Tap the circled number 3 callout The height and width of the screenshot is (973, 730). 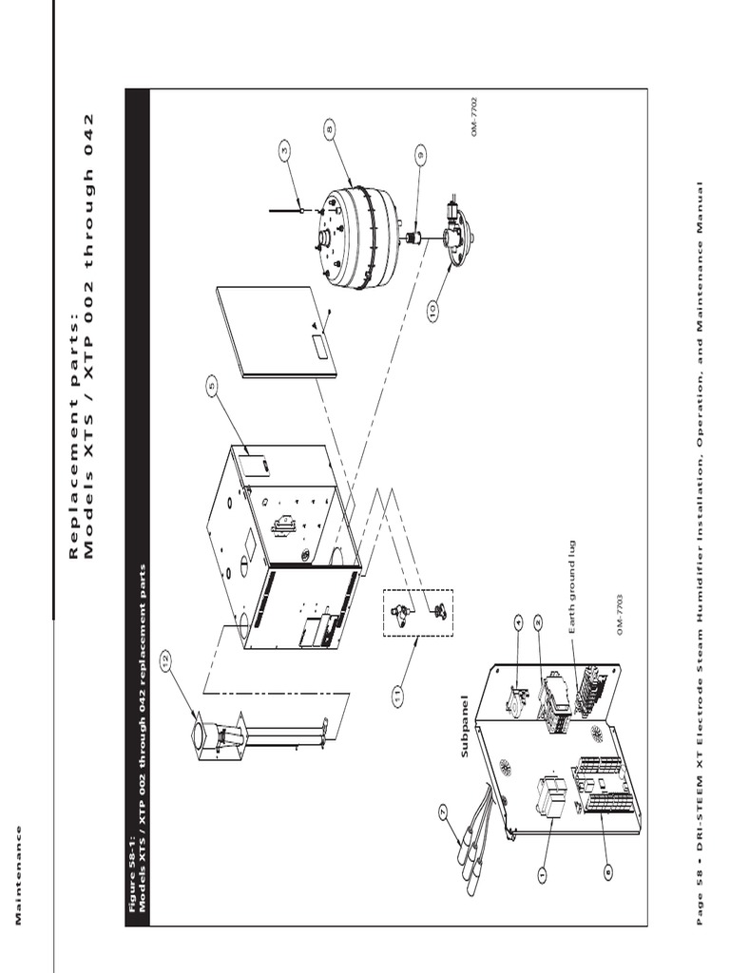(x=284, y=148)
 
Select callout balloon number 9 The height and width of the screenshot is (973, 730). (x=419, y=153)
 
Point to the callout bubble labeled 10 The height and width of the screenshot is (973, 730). (x=432, y=310)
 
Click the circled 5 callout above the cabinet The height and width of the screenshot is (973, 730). (x=211, y=385)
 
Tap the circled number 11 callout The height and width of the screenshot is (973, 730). (x=397, y=696)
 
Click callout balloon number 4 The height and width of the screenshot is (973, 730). (x=518, y=623)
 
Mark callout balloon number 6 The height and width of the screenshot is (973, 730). (x=607, y=867)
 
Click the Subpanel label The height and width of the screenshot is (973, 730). (x=465, y=734)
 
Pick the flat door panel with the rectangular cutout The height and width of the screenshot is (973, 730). (x=277, y=333)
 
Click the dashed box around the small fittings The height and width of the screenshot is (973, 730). (x=418, y=613)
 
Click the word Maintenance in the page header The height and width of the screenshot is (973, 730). (x=18, y=873)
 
